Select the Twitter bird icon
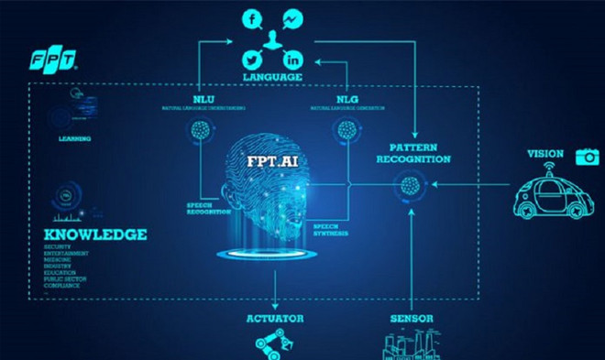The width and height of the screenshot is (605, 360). [x=252, y=58]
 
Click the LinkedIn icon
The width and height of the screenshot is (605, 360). [x=293, y=58]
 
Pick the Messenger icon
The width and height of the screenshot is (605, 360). [x=293, y=18]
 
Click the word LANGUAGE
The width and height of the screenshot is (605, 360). [x=272, y=78]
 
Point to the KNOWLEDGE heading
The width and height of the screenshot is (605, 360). [x=95, y=235]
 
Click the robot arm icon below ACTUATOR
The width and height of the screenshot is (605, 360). [x=272, y=345]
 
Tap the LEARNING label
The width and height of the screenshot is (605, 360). [x=75, y=139]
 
